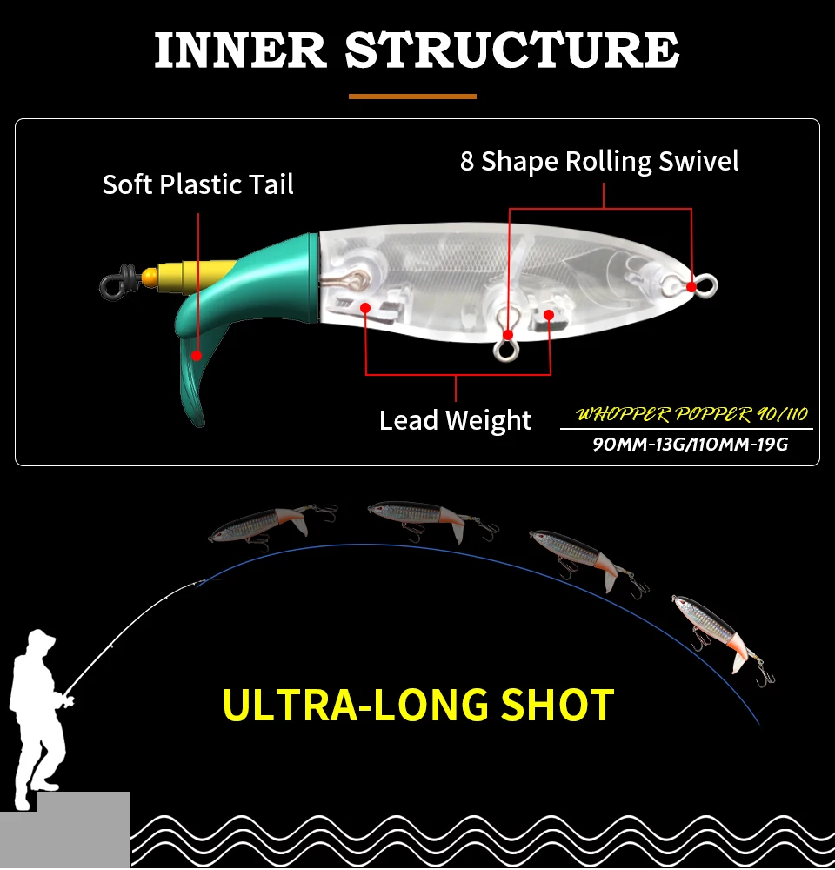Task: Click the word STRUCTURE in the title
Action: (512, 50)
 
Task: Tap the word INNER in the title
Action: (240, 50)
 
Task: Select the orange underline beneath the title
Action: (412, 97)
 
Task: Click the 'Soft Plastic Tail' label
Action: (198, 184)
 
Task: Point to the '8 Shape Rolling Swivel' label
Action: (599, 162)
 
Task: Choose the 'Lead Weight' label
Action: (455, 420)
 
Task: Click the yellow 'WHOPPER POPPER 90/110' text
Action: (691, 414)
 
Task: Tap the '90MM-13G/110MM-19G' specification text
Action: (691, 445)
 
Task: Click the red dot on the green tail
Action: (197, 356)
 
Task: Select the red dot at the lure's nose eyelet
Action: (691, 287)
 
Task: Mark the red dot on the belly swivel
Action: (508, 335)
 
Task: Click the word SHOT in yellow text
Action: (558, 705)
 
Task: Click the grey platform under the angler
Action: (64, 830)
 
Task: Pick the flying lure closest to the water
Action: (721, 638)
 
